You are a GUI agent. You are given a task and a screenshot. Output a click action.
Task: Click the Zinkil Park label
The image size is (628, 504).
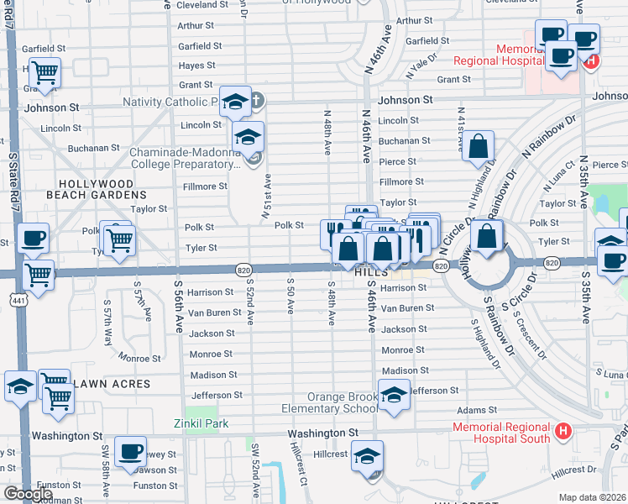tap(201, 423)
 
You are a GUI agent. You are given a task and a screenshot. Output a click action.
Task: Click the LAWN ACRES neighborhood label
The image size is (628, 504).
tap(112, 384)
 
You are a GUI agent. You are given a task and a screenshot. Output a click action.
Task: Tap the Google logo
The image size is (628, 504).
tap(28, 494)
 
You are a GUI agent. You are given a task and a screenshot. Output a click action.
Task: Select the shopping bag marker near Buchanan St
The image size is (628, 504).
tap(478, 146)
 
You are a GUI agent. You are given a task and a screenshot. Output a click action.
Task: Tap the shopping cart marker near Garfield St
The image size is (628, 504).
tap(44, 72)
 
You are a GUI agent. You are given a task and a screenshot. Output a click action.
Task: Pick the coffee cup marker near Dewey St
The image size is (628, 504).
tap(130, 452)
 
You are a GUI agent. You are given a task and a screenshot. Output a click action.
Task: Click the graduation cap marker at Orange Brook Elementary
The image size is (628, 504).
tap(392, 395)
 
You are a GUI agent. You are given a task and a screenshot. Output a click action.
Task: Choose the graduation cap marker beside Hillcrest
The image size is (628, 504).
tap(367, 455)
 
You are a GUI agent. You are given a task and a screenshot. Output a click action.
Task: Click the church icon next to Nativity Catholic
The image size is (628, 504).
tap(257, 102)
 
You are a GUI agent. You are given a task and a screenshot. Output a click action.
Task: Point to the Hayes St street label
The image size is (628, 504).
tap(197, 66)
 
